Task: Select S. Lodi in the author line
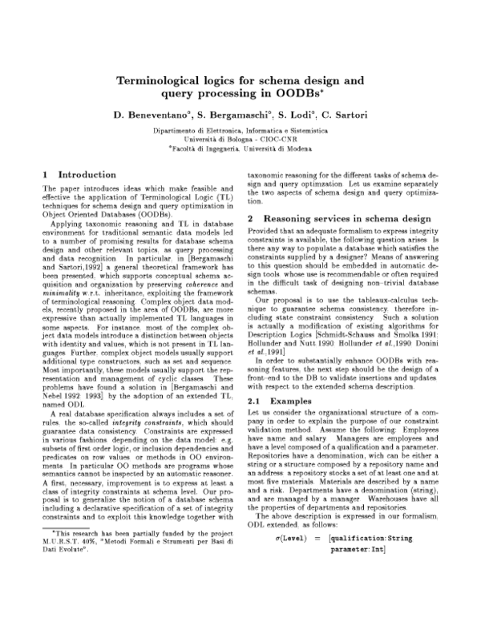pyautogui.click(x=305, y=116)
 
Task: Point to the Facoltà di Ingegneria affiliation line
pyautogui.click(x=240, y=148)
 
